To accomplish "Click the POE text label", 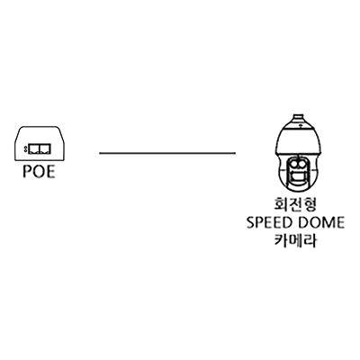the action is pyautogui.click(x=39, y=172).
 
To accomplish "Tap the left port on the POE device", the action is pyautogui.click(x=34, y=149).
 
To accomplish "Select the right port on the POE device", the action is pyautogui.click(x=45, y=149).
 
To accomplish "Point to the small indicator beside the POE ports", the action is pyautogui.click(x=26, y=148).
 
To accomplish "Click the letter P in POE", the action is pyautogui.click(x=27, y=172).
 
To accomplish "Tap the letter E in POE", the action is pyautogui.click(x=50, y=172).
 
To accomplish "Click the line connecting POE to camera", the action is pyautogui.click(x=167, y=153).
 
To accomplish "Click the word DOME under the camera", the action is pyautogui.click(x=320, y=222).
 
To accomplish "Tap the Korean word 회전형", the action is pyautogui.click(x=295, y=204).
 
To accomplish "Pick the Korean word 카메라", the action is pyautogui.click(x=295, y=240).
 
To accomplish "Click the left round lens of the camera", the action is pyautogui.click(x=292, y=164).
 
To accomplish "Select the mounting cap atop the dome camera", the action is pyautogui.click(x=298, y=118).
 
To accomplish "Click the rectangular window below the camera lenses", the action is pyautogui.click(x=297, y=176).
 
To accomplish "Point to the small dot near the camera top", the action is pyautogui.click(x=299, y=125).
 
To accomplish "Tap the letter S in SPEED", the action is pyautogui.click(x=250, y=222).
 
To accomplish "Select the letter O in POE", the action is pyautogui.click(x=39, y=172).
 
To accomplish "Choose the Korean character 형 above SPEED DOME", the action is pyautogui.click(x=310, y=204).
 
